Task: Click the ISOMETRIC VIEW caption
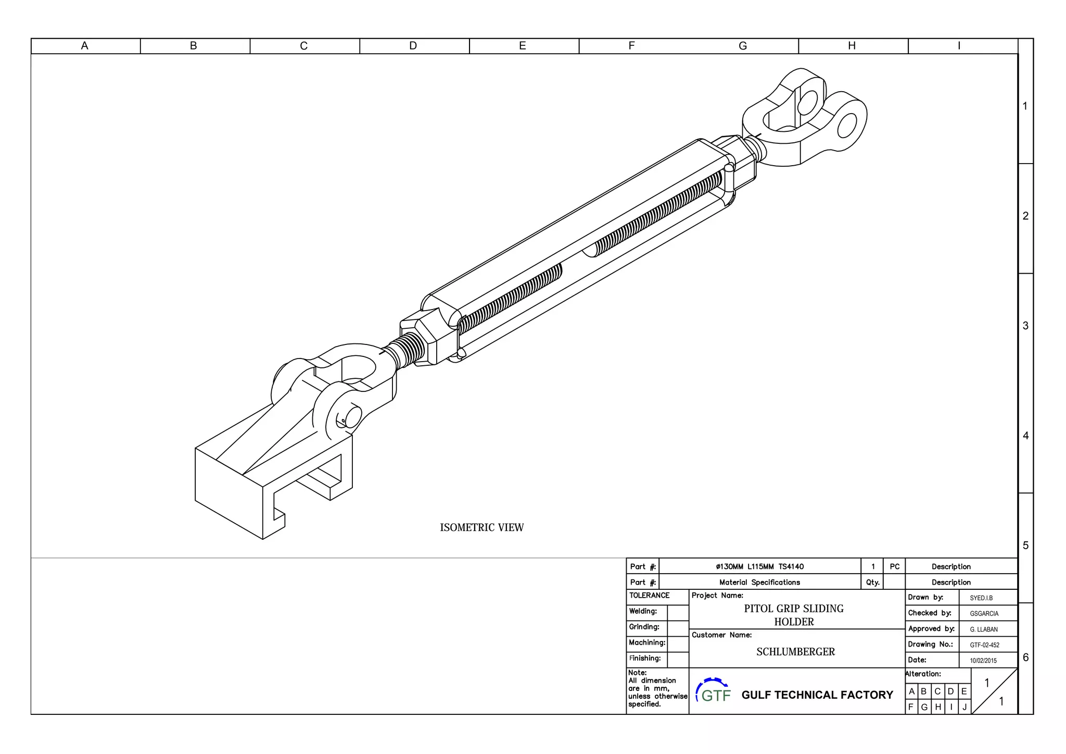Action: pyautogui.click(x=481, y=527)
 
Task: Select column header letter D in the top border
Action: pyautogui.click(x=413, y=46)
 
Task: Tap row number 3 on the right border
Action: pyautogui.click(x=1025, y=326)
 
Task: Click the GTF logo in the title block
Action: pyautogui.click(x=714, y=691)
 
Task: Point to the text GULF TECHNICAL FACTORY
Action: pyautogui.click(x=817, y=695)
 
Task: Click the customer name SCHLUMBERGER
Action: pyautogui.click(x=795, y=652)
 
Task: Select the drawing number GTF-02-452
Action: pyautogui.click(x=984, y=645)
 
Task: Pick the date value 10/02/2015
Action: pyautogui.click(x=983, y=661)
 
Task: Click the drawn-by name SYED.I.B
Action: pyautogui.click(x=981, y=598)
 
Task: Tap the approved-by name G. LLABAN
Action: pyautogui.click(x=983, y=629)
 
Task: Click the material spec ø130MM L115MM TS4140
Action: pyautogui.click(x=759, y=566)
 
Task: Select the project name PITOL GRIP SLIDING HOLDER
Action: pyautogui.click(x=794, y=615)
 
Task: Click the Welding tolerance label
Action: pyautogui.click(x=643, y=611)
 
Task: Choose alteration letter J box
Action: pyautogui.click(x=964, y=707)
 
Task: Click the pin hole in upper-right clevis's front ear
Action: pyautogui.click(x=847, y=126)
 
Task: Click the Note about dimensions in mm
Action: pyautogui.click(x=657, y=689)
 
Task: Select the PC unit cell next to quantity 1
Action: pyautogui.click(x=894, y=566)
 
